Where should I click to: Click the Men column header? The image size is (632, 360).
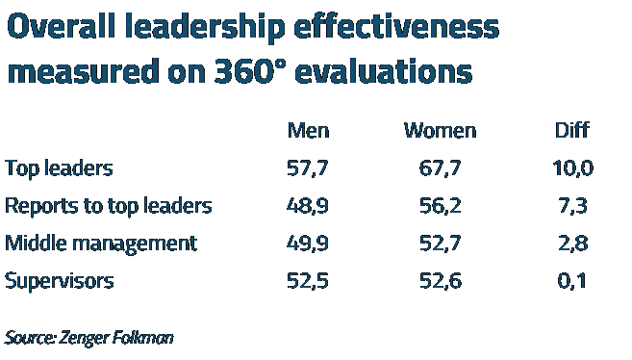pos(308,130)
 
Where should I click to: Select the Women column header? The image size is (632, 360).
pos(440,130)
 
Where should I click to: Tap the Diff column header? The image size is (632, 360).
pos(571,130)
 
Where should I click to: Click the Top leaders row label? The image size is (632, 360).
pos(59,168)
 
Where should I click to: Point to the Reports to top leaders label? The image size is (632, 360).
pos(108,206)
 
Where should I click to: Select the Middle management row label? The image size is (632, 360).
pos(100,244)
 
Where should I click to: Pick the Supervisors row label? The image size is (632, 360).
pos(59,281)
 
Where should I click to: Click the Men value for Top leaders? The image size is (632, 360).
pos(308,168)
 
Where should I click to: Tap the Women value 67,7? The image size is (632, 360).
pos(440,168)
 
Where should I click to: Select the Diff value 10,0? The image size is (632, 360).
pos(571,168)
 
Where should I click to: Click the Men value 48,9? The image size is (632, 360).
pos(308,206)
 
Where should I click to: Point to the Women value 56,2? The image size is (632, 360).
pos(440,206)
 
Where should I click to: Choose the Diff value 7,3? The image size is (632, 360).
pos(571,206)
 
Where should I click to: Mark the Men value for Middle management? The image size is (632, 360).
pos(308,244)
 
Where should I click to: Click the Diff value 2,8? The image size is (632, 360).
pos(571,244)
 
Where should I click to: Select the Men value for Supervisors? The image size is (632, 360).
pos(308,281)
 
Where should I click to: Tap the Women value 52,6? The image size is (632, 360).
pos(440,281)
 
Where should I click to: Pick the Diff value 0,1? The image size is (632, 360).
pos(571,281)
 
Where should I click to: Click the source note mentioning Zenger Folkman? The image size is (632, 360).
pos(88,338)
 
